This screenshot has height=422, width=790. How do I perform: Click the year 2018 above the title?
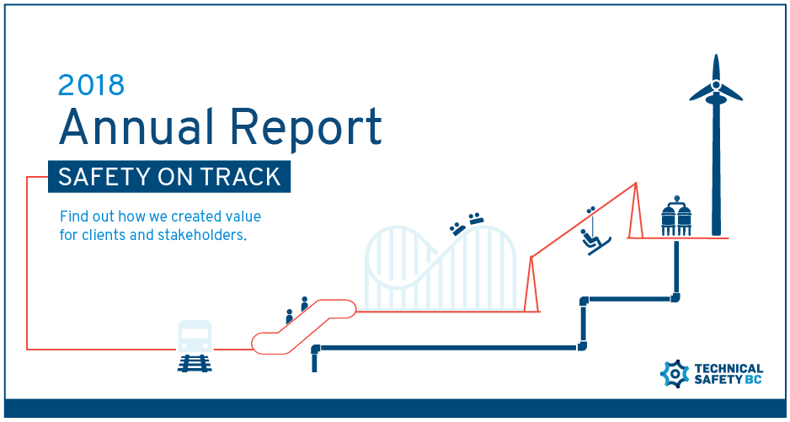[91, 85]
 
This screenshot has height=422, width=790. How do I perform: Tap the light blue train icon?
[195, 336]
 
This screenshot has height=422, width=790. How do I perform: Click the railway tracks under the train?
[195, 363]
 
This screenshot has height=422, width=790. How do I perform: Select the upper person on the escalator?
[304, 304]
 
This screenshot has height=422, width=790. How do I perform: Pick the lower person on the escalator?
[289, 317]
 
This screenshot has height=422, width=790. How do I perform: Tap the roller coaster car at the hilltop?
[476, 218]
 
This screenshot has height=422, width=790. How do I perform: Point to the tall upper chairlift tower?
[635, 211]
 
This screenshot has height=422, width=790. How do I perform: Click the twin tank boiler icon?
[676, 216]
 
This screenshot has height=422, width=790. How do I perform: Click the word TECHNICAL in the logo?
[729, 369]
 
